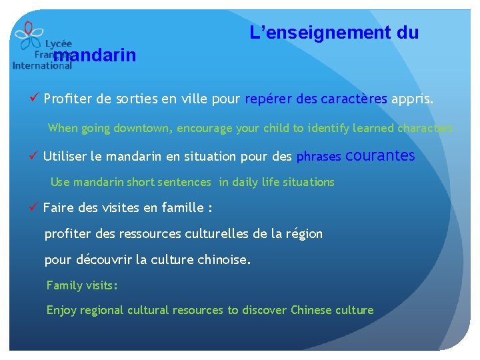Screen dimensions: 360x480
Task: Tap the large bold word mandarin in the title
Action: tap(95, 55)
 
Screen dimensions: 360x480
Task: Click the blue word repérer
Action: tap(268, 100)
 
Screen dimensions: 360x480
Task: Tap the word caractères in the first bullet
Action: tap(354, 100)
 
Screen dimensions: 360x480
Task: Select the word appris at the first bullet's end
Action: tap(412, 100)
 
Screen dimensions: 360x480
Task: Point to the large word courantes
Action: tap(381, 156)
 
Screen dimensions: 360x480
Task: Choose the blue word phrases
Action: tap(319, 157)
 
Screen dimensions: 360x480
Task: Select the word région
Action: tap(303, 234)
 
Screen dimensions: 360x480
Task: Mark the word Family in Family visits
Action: tap(64, 285)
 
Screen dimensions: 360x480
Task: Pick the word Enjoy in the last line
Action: tap(61, 310)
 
